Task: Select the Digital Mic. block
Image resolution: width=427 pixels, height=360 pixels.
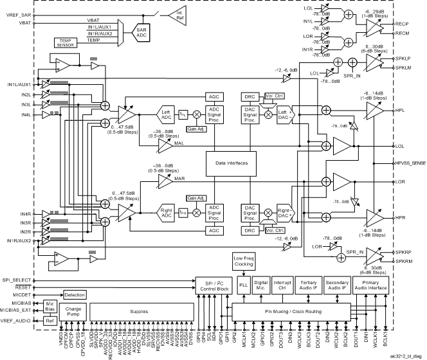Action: tap(262, 285)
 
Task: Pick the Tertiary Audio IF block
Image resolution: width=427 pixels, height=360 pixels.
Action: tap(310, 285)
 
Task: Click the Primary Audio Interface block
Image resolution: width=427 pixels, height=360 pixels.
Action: tap(370, 285)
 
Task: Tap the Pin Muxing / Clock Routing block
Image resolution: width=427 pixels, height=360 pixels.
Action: tap(293, 311)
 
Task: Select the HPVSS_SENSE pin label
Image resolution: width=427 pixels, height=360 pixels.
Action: tap(409, 165)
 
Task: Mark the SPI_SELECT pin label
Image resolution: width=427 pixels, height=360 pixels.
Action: tap(19, 282)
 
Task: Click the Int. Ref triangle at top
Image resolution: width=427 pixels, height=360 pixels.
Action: tap(178, 14)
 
